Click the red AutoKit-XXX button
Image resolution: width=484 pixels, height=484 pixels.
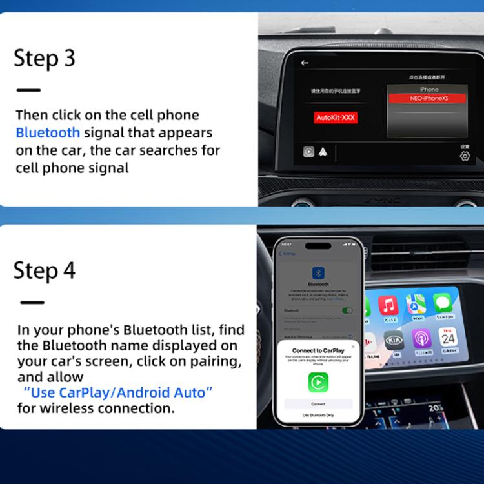point(336,118)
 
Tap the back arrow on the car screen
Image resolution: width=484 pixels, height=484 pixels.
point(305,63)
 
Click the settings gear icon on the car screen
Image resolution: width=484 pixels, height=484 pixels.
point(465,156)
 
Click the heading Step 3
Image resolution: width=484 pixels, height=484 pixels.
point(45,58)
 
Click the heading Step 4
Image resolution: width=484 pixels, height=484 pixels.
point(45,270)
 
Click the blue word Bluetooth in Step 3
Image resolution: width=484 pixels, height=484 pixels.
point(48,133)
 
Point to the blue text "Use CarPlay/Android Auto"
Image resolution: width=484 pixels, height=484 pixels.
point(117,392)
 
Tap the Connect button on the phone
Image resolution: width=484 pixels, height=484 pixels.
point(318,404)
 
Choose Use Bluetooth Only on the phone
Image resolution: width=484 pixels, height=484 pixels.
point(318,416)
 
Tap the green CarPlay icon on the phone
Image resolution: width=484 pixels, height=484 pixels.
point(318,382)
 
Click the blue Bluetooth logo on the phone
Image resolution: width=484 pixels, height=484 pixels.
point(318,273)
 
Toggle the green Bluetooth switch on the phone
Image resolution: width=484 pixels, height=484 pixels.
point(347,310)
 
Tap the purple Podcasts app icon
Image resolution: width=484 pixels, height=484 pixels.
point(421,339)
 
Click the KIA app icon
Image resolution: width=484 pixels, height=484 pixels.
point(394,340)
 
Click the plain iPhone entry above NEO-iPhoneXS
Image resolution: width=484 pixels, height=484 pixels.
point(429,89)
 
